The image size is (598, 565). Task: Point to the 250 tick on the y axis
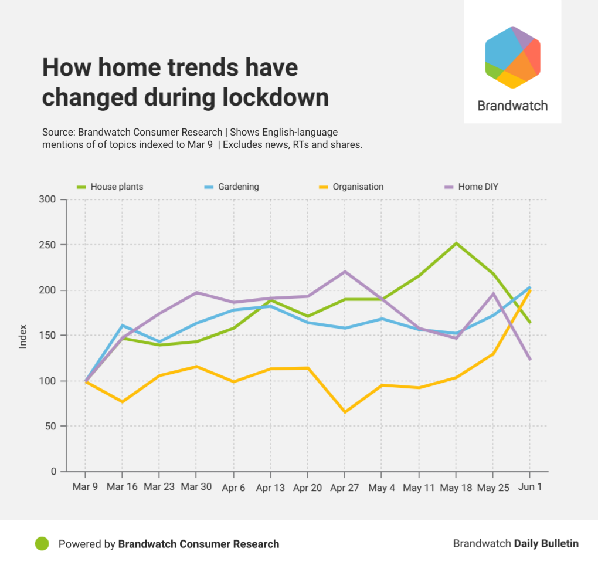48,245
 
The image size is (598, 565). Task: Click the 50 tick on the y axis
50,427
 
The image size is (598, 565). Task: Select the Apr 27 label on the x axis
345,488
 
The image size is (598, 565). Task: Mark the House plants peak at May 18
456,243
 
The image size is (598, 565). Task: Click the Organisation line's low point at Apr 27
345,412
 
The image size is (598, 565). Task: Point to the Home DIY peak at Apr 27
345,272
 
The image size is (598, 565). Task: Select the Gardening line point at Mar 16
122,325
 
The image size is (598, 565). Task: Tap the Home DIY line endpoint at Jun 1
530,360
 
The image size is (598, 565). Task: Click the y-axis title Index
23,336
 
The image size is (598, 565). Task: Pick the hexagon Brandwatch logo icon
512,57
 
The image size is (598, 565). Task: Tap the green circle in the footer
42,544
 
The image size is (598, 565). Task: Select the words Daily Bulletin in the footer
546,544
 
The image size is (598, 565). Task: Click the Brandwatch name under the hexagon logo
512,106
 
